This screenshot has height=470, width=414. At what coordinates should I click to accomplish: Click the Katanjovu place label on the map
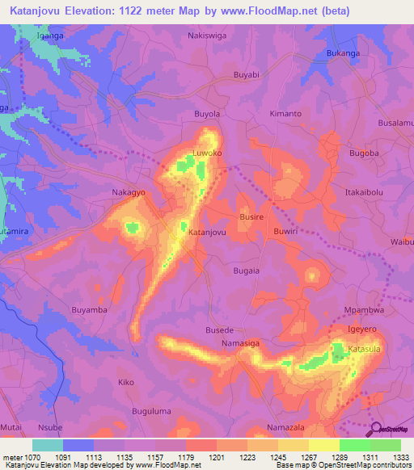coord(206,232)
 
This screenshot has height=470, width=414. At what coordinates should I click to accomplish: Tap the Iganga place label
coord(50,36)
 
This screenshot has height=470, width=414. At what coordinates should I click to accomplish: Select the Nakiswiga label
coord(206,36)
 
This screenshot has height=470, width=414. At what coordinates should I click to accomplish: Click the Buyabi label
coord(246,74)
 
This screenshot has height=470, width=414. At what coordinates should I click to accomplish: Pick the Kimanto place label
coord(285,114)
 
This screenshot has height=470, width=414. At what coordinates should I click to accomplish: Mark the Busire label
coord(251,218)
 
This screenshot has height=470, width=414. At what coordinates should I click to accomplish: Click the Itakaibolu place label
coord(363,194)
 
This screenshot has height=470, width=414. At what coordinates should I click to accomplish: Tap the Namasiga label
coord(241,344)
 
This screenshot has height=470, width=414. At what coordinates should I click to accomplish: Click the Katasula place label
coord(364,349)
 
